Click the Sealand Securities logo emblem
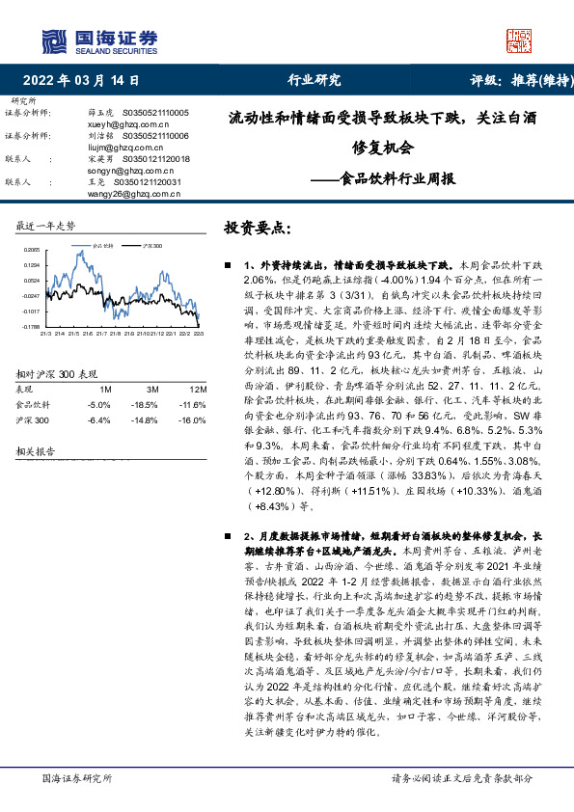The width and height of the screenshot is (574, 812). coord(51,41)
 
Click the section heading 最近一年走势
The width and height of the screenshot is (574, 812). coord(45,226)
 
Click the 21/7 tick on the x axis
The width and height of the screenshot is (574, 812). coord(101,334)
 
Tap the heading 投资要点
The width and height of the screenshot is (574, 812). coord(256,228)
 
